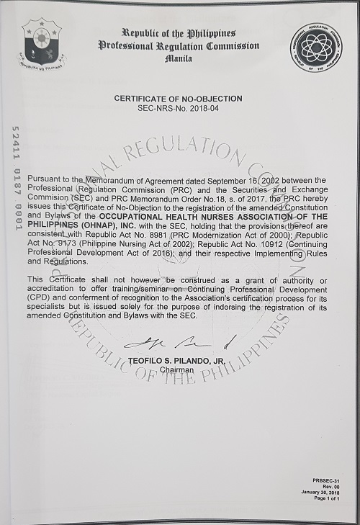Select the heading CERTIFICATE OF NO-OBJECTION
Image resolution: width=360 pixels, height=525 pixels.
pyautogui.click(x=180, y=97)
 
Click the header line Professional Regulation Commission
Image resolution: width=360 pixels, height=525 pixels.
pyautogui.click(x=179, y=45)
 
